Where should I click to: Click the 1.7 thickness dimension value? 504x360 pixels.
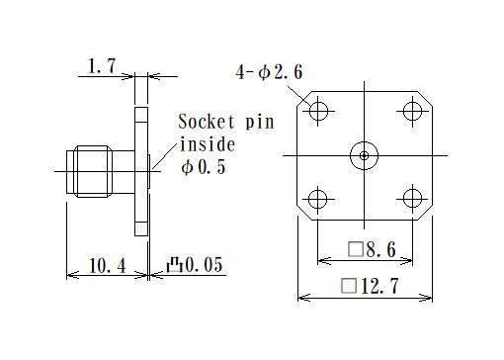101,66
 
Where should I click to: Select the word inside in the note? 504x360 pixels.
205,144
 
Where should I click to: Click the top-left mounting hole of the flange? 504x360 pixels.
318,111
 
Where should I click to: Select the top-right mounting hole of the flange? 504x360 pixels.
410,111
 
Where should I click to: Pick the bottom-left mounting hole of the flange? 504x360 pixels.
318,199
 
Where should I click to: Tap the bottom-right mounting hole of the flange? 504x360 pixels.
410,199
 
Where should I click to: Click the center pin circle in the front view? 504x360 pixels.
364,154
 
